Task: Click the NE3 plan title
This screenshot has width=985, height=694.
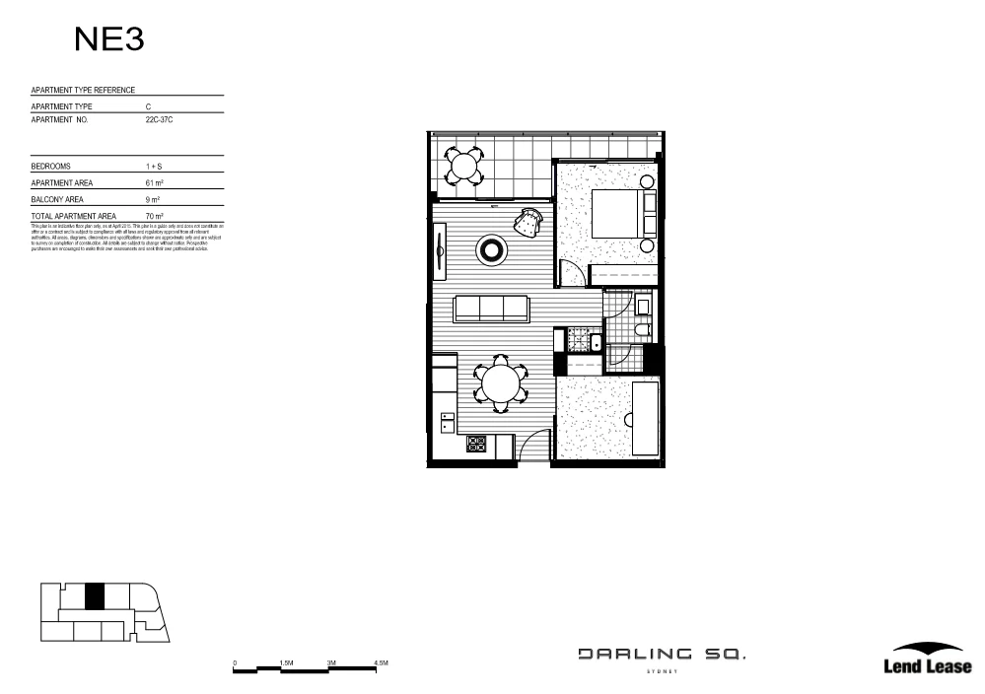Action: point(109,39)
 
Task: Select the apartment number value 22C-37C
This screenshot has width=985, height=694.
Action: point(159,119)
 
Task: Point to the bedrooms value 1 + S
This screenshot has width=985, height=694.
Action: point(153,167)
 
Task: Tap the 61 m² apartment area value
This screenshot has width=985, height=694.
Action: point(154,183)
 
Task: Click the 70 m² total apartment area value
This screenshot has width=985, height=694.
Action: point(154,216)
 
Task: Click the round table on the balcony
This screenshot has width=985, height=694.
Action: point(462,165)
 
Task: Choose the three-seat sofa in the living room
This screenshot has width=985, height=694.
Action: point(490,308)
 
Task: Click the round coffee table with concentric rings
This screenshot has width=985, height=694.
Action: point(490,250)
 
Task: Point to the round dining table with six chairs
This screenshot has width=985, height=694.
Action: point(501,384)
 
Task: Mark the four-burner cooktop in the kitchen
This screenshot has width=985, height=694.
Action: point(476,446)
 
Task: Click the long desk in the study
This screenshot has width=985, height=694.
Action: point(645,418)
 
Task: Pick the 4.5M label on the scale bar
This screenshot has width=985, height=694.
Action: point(382,663)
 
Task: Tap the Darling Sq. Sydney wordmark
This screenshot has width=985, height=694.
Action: point(662,657)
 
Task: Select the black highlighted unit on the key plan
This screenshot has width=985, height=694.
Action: point(94,596)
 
